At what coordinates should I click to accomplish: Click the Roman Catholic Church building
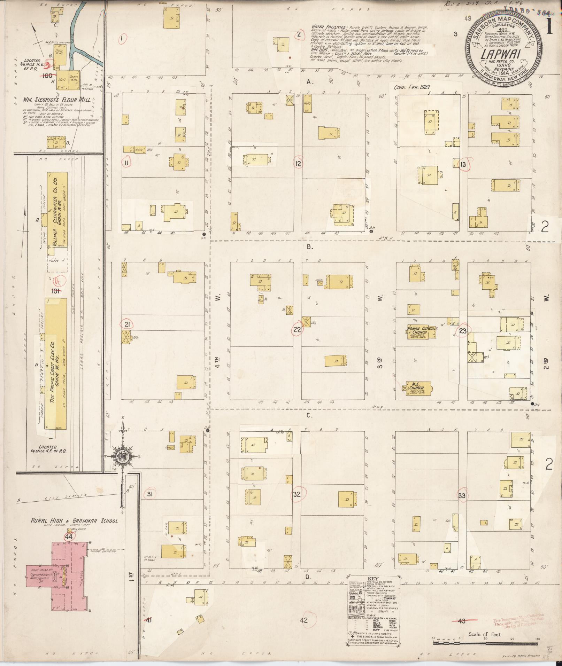coord(421,331)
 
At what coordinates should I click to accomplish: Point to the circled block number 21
coord(127,324)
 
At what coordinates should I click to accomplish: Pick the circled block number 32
coord(297,494)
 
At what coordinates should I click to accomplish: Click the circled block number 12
coord(298,163)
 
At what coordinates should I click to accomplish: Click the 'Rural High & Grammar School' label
coord(74,521)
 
